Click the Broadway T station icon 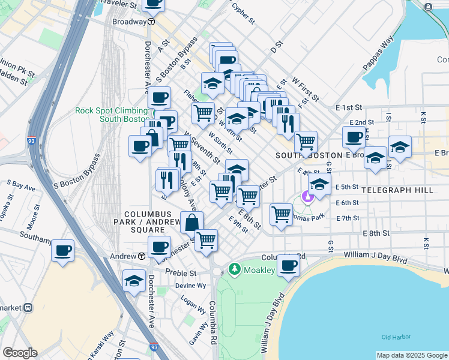[x=152, y=21]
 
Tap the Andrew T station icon [x=141, y=256]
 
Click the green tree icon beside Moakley [x=234, y=269]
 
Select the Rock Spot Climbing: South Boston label [x=112, y=114]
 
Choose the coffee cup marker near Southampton [x=62, y=251]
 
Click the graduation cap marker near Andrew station [x=134, y=280]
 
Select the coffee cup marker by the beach [x=288, y=266]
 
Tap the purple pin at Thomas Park [x=307, y=196]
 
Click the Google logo [x=20, y=353]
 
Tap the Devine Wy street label [x=191, y=286]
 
